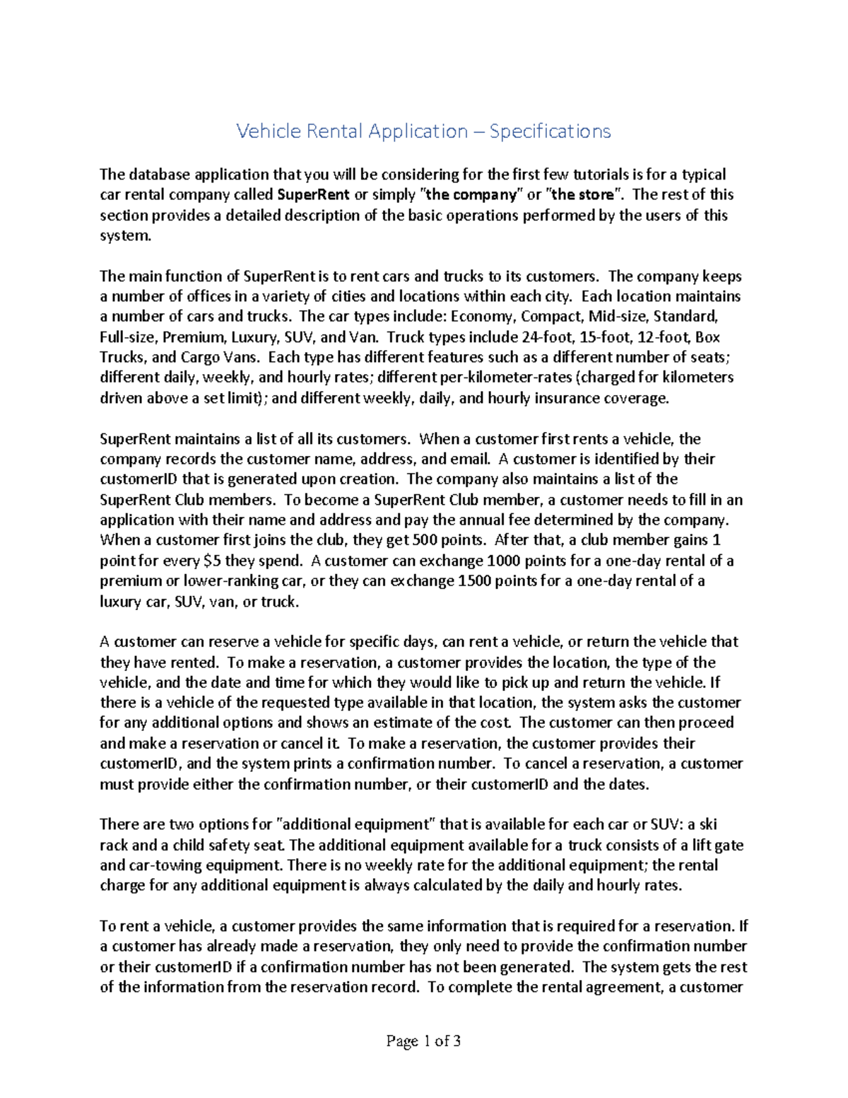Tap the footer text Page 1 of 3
pyautogui.click(x=423, y=1041)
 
